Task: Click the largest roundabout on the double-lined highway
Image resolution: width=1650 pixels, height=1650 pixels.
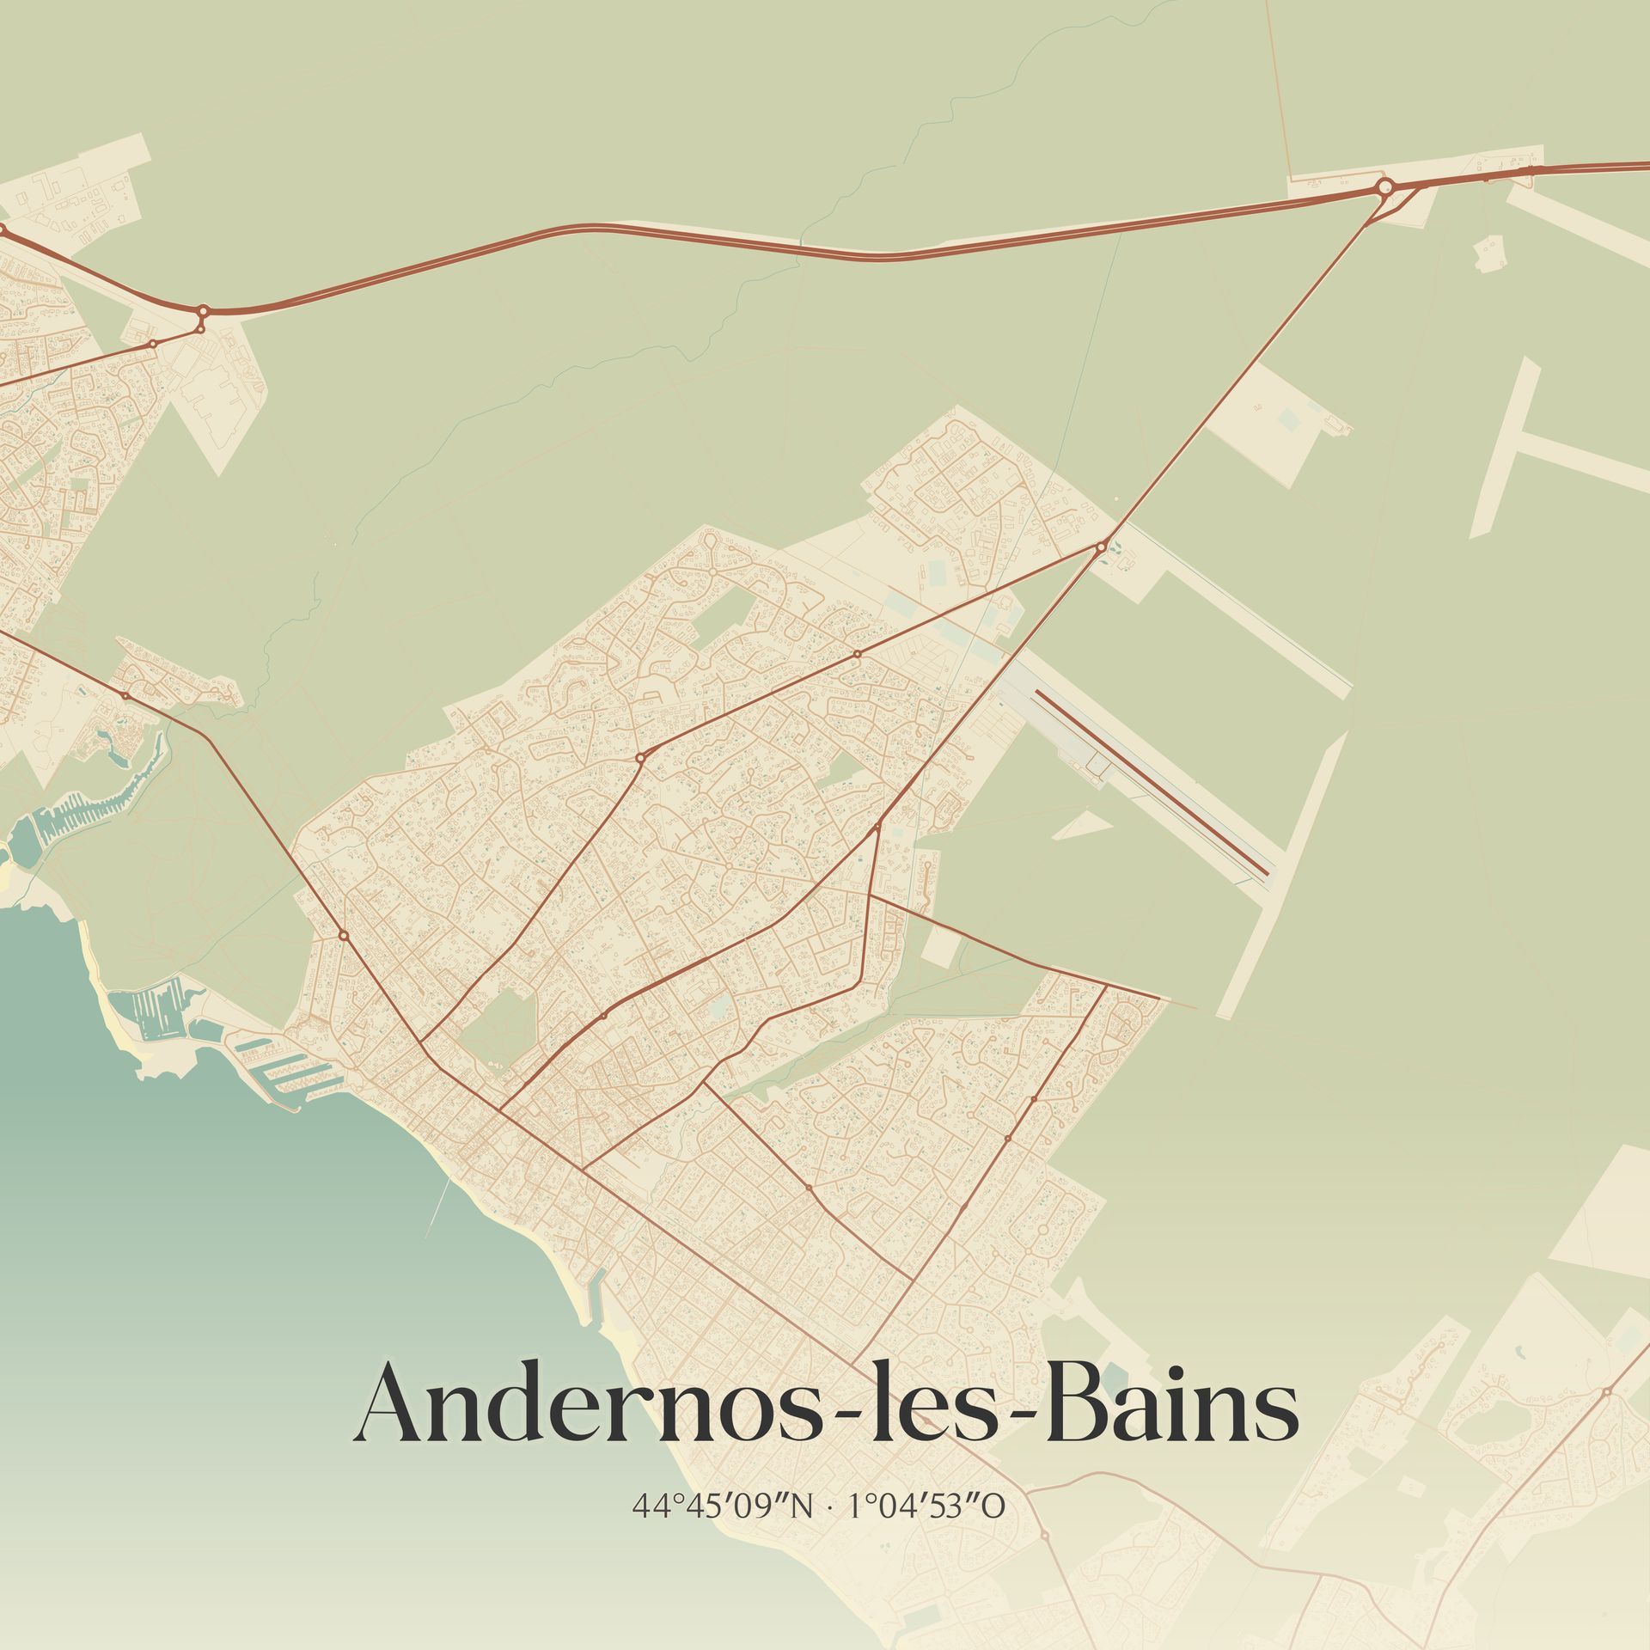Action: pos(1384,186)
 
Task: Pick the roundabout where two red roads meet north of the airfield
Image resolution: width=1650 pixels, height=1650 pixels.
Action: pos(1101,546)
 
